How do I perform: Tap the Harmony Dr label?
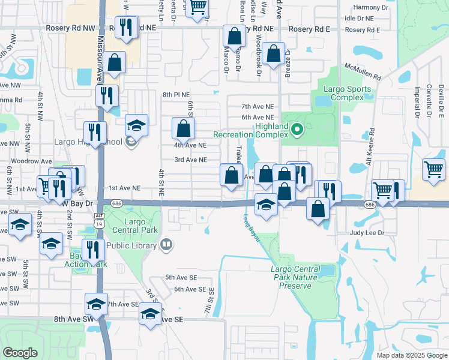coord(371,7)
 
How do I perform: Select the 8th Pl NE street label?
coord(176,95)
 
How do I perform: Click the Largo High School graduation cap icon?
coord(137,125)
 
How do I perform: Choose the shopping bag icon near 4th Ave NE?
coord(183,128)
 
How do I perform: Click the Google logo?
coord(20,353)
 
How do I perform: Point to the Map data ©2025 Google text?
coord(411,355)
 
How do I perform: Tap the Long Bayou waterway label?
coord(252,229)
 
